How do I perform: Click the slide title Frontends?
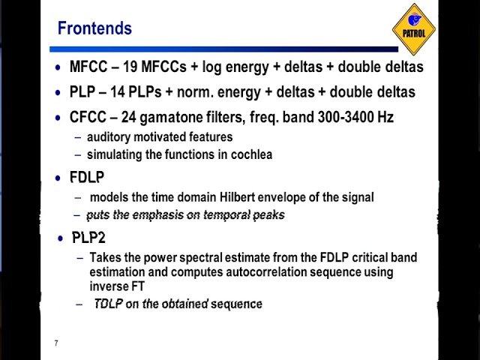(94, 28)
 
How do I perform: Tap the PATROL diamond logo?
(414, 30)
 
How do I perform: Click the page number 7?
(55, 343)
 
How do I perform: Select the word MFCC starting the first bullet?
(88, 67)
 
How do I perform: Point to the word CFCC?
(88, 117)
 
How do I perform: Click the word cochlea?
(251, 154)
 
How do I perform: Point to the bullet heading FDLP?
(87, 178)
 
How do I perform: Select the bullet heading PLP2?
(88, 238)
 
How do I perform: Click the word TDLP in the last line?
(109, 304)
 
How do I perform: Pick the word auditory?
(109, 137)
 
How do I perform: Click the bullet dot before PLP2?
(61, 238)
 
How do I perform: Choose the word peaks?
(268, 215)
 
